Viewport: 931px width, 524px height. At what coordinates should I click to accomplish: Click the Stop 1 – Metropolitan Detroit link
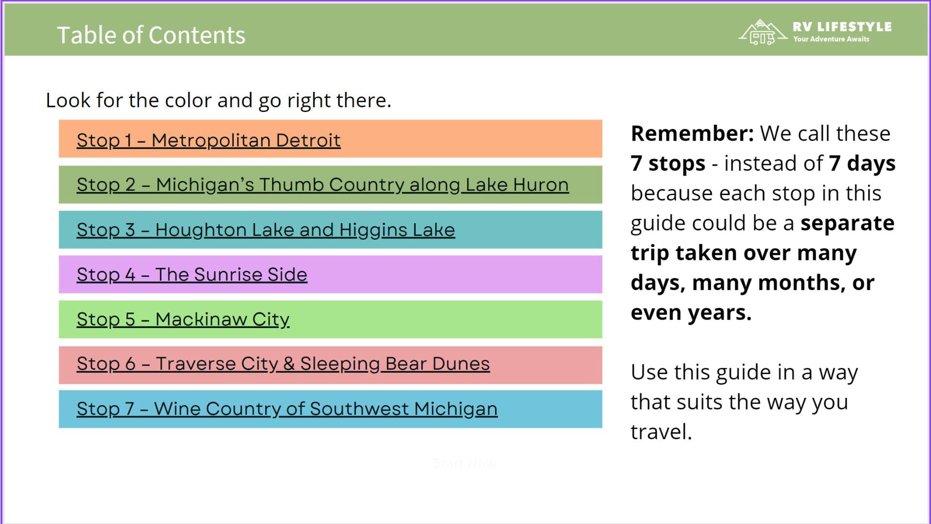pyautogui.click(x=209, y=140)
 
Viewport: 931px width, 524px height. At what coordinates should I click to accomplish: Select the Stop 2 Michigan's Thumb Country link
pyautogui.click(x=322, y=185)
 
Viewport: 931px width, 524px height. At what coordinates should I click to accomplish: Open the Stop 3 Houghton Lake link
pyautogui.click(x=266, y=230)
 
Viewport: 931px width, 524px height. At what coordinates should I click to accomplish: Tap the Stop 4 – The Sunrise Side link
pyautogui.click(x=192, y=275)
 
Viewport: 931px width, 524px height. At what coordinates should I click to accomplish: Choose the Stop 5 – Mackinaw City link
pyautogui.click(x=183, y=320)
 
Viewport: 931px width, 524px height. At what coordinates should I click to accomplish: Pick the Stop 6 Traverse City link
pyautogui.click(x=283, y=364)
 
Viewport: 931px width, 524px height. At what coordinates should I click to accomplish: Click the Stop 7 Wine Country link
pyautogui.click(x=287, y=409)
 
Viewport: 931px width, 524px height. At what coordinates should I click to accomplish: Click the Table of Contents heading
pyautogui.click(x=151, y=35)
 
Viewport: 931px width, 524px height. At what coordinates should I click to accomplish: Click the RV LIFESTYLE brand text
pyautogui.click(x=842, y=27)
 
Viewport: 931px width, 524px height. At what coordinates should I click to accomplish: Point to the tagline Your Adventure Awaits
pyautogui.click(x=831, y=39)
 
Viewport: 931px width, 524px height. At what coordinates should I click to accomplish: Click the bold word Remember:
pyautogui.click(x=692, y=133)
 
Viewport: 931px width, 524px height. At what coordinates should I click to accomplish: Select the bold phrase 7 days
pyautogui.click(x=862, y=164)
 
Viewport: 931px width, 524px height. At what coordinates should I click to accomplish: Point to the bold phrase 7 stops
pyautogui.click(x=668, y=164)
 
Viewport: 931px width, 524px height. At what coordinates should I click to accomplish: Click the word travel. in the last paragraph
pyautogui.click(x=661, y=432)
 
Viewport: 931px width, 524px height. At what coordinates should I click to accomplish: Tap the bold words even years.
pyautogui.click(x=691, y=312)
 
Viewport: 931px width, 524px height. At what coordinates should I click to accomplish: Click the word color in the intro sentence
pyautogui.click(x=188, y=100)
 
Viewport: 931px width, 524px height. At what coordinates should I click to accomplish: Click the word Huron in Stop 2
pyautogui.click(x=541, y=185)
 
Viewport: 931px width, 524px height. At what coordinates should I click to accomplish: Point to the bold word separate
pyautogui.click(x=847, y=223)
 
